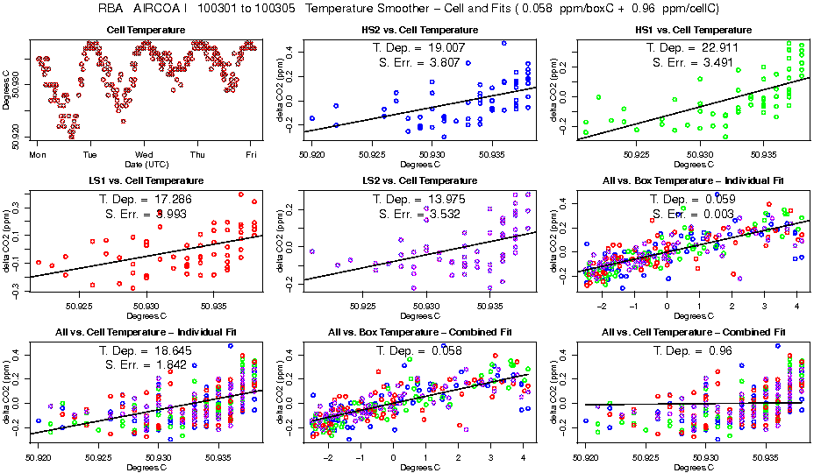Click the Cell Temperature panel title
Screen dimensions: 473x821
pos(146,30)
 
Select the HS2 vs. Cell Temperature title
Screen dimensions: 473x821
pos(420,30)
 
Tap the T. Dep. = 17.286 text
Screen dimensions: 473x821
pos(146,199)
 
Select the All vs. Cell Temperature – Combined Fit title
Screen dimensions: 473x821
pos(693,333)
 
